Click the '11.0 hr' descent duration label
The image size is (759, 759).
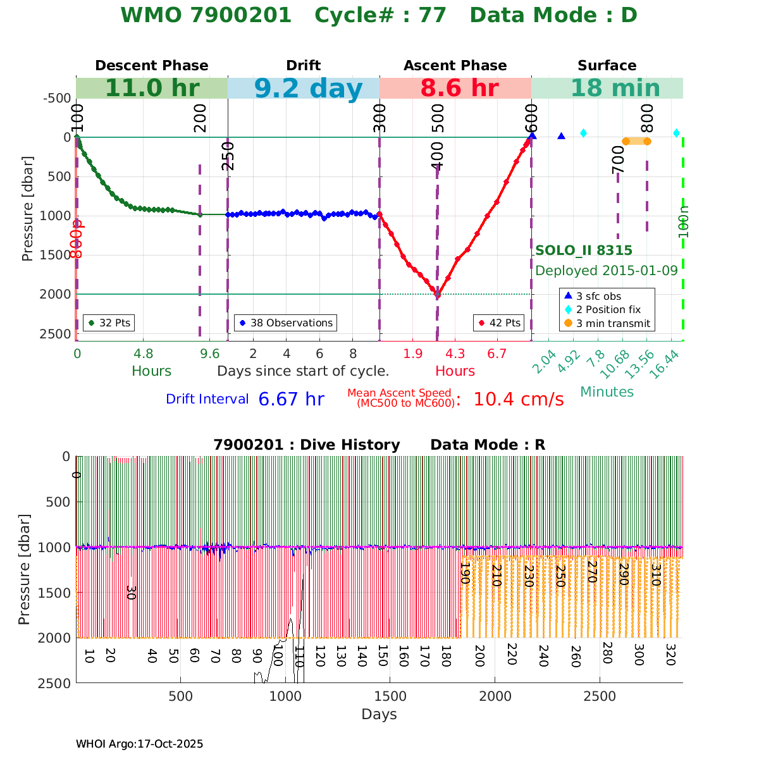tap(152, 89)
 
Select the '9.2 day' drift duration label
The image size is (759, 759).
tap(308, 89)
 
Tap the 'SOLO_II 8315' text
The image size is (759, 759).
tap(584, 250)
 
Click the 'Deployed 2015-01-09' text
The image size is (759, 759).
tap(607, 271)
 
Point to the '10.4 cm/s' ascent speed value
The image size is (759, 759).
tap(518, 400)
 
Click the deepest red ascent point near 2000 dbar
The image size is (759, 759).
tap(437, 294)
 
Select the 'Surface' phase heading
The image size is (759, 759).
tap(607, 66)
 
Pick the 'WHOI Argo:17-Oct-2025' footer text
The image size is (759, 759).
tap(139, 744)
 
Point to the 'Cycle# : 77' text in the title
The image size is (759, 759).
tap(381, 15)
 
